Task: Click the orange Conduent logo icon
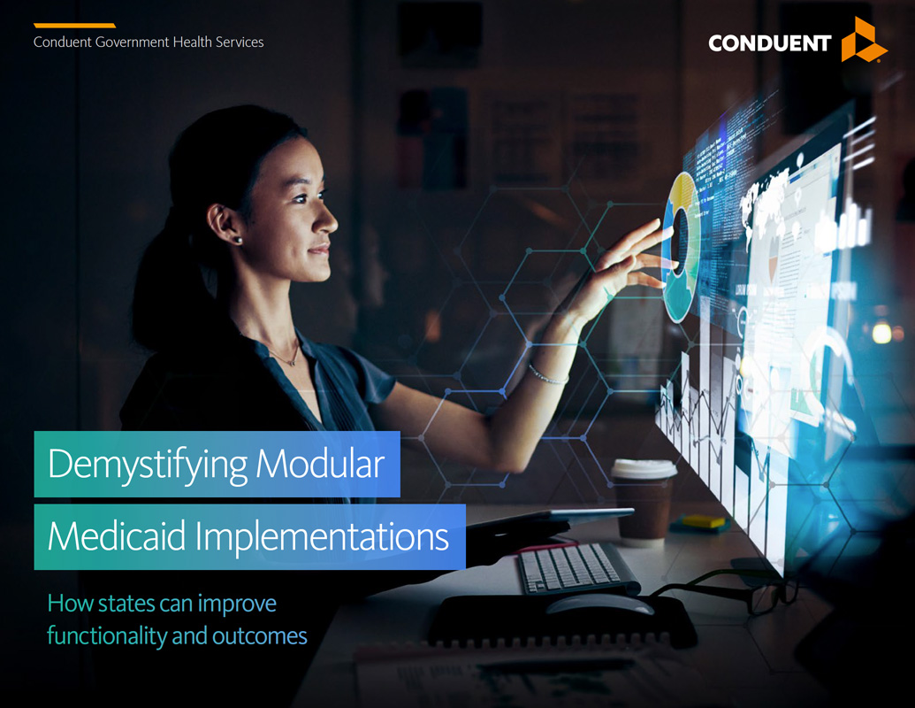(x=862, y=40)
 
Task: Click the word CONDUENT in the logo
(x=769, y=43)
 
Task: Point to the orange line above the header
(x=74, y=26)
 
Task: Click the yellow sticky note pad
(x=703, y=521)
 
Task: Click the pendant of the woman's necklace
(x=294, y=362)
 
